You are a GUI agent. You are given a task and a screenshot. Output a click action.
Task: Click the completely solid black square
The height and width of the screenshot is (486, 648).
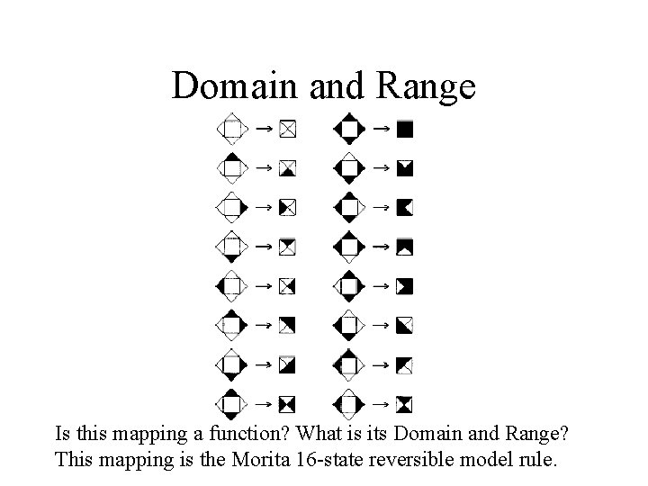click(405, 130)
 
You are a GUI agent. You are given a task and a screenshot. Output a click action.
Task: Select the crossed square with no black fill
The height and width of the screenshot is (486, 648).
click(287, 130)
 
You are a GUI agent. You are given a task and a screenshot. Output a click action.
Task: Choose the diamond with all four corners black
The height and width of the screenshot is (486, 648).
click(349, 130)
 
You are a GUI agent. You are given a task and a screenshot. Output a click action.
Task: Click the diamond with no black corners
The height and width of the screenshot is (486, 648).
click(232, 130)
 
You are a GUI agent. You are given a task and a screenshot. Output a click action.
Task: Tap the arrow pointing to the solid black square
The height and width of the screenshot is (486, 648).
click(381, 130)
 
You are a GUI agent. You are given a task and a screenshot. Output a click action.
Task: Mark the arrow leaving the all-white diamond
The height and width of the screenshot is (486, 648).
click(263, 130)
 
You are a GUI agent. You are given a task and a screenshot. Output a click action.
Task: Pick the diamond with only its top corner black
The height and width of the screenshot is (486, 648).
click(232, 167)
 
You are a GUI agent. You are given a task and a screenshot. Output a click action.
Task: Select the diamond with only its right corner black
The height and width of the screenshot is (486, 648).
click(232, 207)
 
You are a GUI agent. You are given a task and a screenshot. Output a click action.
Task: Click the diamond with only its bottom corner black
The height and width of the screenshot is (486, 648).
click(232, 246)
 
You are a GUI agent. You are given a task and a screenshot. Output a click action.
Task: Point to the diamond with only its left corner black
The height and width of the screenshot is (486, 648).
click(232, 285)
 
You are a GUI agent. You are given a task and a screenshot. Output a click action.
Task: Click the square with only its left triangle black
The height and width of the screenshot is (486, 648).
click(287, 208)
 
